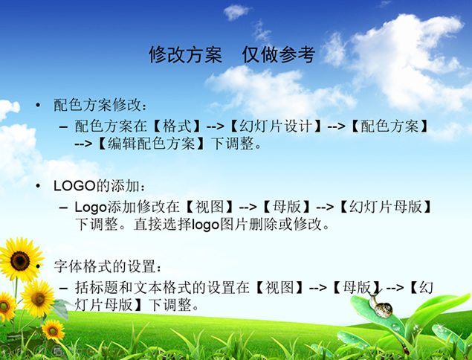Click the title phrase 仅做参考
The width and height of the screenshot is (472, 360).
tap(279, 55)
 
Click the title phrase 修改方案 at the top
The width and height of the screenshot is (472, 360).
tap(185, 55)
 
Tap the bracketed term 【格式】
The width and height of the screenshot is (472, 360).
tap(177, 126)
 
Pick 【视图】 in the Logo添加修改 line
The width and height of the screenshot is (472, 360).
tap(210, 207)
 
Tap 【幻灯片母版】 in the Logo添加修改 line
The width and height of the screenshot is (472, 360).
tap(386, 207)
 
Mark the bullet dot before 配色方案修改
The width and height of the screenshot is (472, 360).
tap(38, 105)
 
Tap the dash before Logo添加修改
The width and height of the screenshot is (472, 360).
tap(63, 208)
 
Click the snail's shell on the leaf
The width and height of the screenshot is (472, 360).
tap(384, 309)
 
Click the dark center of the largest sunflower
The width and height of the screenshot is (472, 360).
tap(20, 260)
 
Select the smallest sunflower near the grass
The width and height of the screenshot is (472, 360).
tap(54, 330)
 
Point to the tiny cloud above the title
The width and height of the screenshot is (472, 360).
tap(236, 12)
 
